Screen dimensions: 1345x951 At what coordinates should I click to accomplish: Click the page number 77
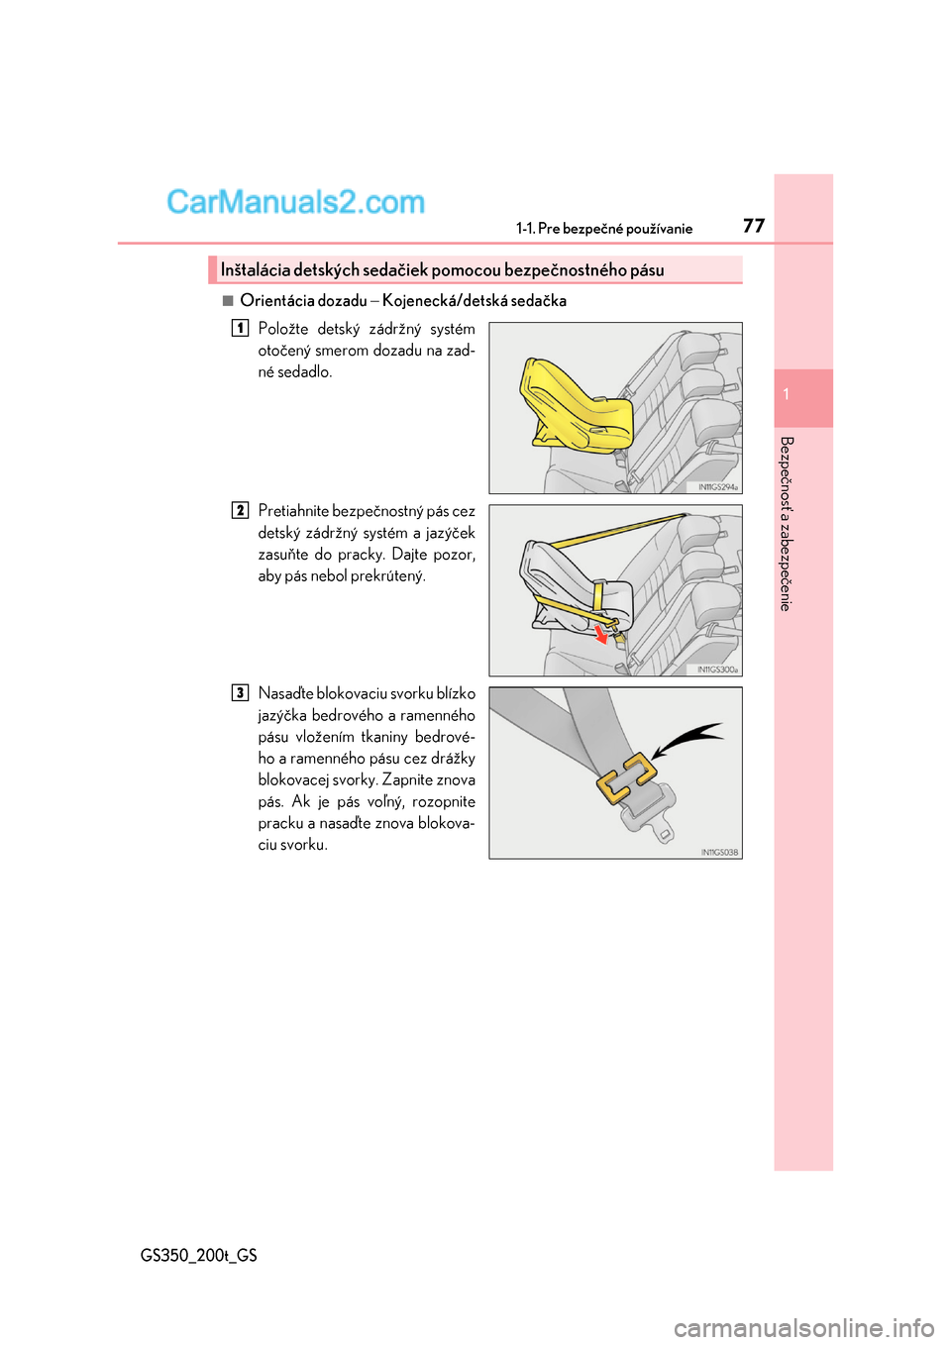coord(753,226)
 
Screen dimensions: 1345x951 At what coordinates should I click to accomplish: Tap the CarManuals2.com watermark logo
coord(295,202)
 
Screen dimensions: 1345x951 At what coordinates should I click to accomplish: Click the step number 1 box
coord(240,328)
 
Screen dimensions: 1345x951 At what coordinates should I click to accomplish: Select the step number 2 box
coord(240,510)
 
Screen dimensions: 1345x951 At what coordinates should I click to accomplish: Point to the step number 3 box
coord(240,692)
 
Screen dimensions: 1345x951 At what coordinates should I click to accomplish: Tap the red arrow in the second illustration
coord(600,634)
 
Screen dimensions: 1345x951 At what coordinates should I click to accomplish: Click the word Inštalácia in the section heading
coord(255,270)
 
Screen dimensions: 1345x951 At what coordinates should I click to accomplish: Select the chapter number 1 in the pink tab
coord(787,395)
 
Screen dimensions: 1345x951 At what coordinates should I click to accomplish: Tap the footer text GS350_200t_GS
coord(199,1255)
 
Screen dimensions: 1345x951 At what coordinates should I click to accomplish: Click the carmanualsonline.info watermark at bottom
coord(803,1327)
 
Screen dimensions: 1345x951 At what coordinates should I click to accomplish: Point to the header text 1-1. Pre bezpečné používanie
coord(604,229)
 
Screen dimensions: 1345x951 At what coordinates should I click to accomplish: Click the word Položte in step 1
coord(283,329)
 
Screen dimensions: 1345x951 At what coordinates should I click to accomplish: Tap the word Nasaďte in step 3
coord(285,693)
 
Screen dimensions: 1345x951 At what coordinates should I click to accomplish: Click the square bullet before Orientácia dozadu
coord(228,300)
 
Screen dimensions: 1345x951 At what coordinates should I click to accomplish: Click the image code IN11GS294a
coord(718,487)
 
